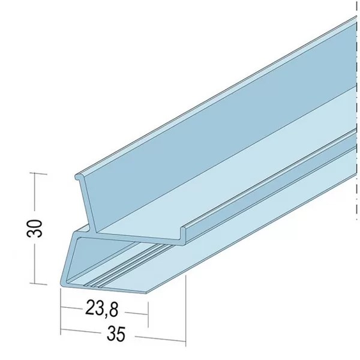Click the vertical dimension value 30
(x=35, y=228)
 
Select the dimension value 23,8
(x=102, y=309)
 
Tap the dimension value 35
(x=116, y=334)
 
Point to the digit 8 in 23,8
(x=113, y=310)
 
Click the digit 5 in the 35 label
(x=121, y=334)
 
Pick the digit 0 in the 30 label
(x=35, y=224)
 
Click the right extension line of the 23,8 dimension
(x=148, y=314)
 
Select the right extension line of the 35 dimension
(x=185, y=311)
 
